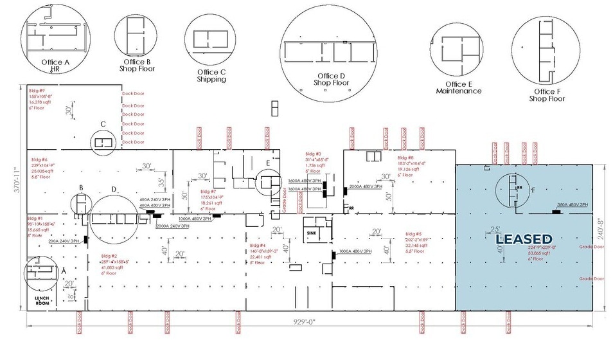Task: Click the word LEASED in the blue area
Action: (524, 239)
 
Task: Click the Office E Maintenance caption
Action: (458, 88)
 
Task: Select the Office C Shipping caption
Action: (211, 76)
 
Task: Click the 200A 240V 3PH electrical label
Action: (66, 241)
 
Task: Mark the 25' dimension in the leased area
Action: (495, 228)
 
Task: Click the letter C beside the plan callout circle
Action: (102, 124)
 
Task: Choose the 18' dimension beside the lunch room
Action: (71, 296)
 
